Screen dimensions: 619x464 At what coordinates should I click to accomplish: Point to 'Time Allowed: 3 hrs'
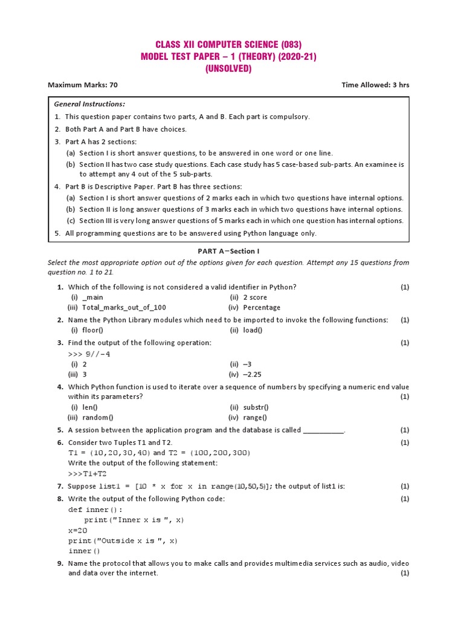(375, 85)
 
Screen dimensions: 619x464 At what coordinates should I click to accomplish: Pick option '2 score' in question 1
(254, 297)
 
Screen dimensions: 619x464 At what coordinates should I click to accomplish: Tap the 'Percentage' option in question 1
(262, 308)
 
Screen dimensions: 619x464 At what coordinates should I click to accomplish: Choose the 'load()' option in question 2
(253, 330)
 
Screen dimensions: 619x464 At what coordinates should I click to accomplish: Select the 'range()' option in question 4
(255, 418)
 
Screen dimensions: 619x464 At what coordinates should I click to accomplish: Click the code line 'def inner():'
(95, 510)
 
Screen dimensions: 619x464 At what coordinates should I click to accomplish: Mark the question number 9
(60, 563)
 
